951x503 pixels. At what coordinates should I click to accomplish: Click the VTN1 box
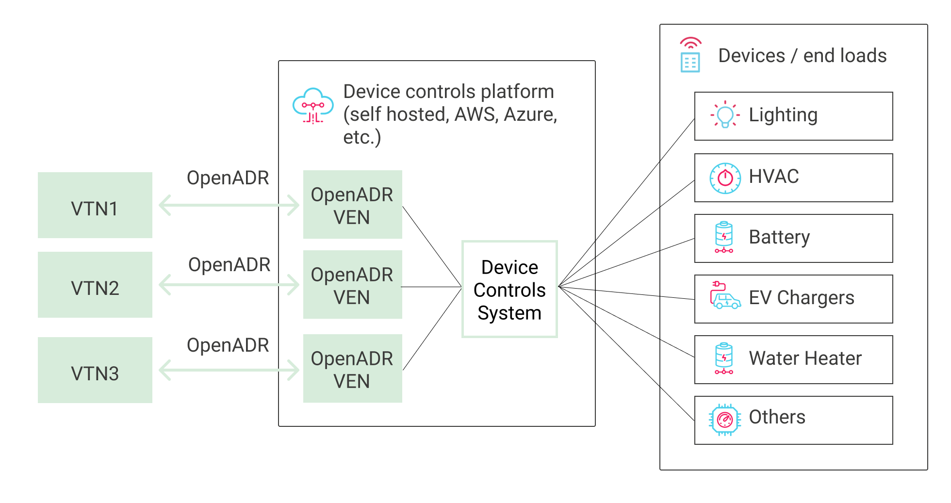click(95, 205)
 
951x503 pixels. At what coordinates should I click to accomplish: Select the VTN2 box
click(95, 285)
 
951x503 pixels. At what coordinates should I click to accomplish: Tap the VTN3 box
click(95, 370)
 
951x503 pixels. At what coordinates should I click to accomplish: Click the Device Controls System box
click(509, 289)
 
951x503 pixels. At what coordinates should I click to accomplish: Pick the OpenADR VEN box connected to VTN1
click(352, 205)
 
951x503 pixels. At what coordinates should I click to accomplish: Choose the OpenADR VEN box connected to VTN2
click(352, 285)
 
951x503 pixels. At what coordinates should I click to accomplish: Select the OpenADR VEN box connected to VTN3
click(352, 369)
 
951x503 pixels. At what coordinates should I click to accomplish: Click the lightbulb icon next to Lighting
click(725, 115)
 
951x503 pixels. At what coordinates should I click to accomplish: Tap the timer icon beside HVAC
click(725, 178)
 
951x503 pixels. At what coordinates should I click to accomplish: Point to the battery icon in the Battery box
click(724, 237)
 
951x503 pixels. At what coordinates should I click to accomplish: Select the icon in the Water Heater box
click(724, 358)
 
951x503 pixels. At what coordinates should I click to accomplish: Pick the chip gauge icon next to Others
click(725, 420)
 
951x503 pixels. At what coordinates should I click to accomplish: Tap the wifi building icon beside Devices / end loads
click(690, 55)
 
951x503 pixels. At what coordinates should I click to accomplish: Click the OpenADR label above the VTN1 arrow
click(228, 178)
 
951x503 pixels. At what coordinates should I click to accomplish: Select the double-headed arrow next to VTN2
click(229, 285)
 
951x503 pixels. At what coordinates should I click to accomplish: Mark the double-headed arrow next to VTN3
click(229, 370)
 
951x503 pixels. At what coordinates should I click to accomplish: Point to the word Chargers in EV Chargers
click(815, 298)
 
